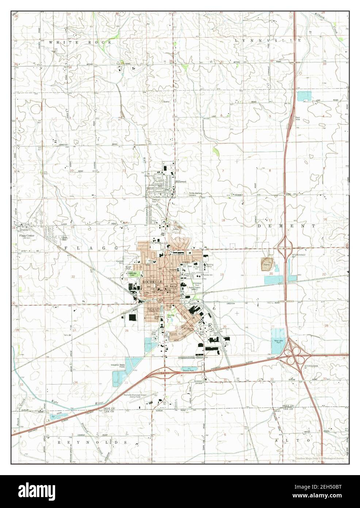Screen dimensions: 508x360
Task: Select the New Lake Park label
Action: point(278,341)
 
